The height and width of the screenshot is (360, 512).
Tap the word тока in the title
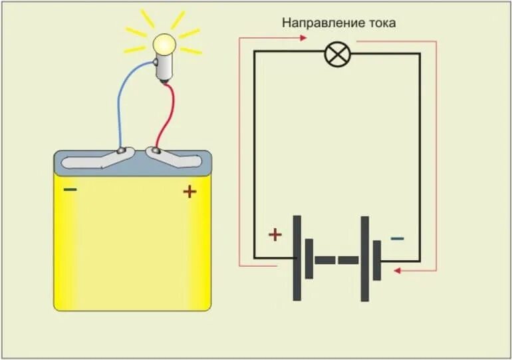click(381, 23)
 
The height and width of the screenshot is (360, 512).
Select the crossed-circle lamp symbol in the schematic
click(336, 53)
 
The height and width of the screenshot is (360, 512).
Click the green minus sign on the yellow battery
click(70, 190)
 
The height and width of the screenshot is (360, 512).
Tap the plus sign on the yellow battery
click(190, 192)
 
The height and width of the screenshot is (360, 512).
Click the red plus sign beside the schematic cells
click(275, 234)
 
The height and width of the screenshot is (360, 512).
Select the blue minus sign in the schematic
click(397, 238)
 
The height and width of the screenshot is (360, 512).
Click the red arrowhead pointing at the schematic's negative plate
click(397, 271)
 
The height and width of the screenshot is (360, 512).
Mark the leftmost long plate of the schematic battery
click(297, 258)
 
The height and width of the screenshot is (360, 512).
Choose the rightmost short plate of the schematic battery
click(376, 260)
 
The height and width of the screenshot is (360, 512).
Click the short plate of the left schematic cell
click(309, 259)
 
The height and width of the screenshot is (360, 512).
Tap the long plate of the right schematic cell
click(364, 258)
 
